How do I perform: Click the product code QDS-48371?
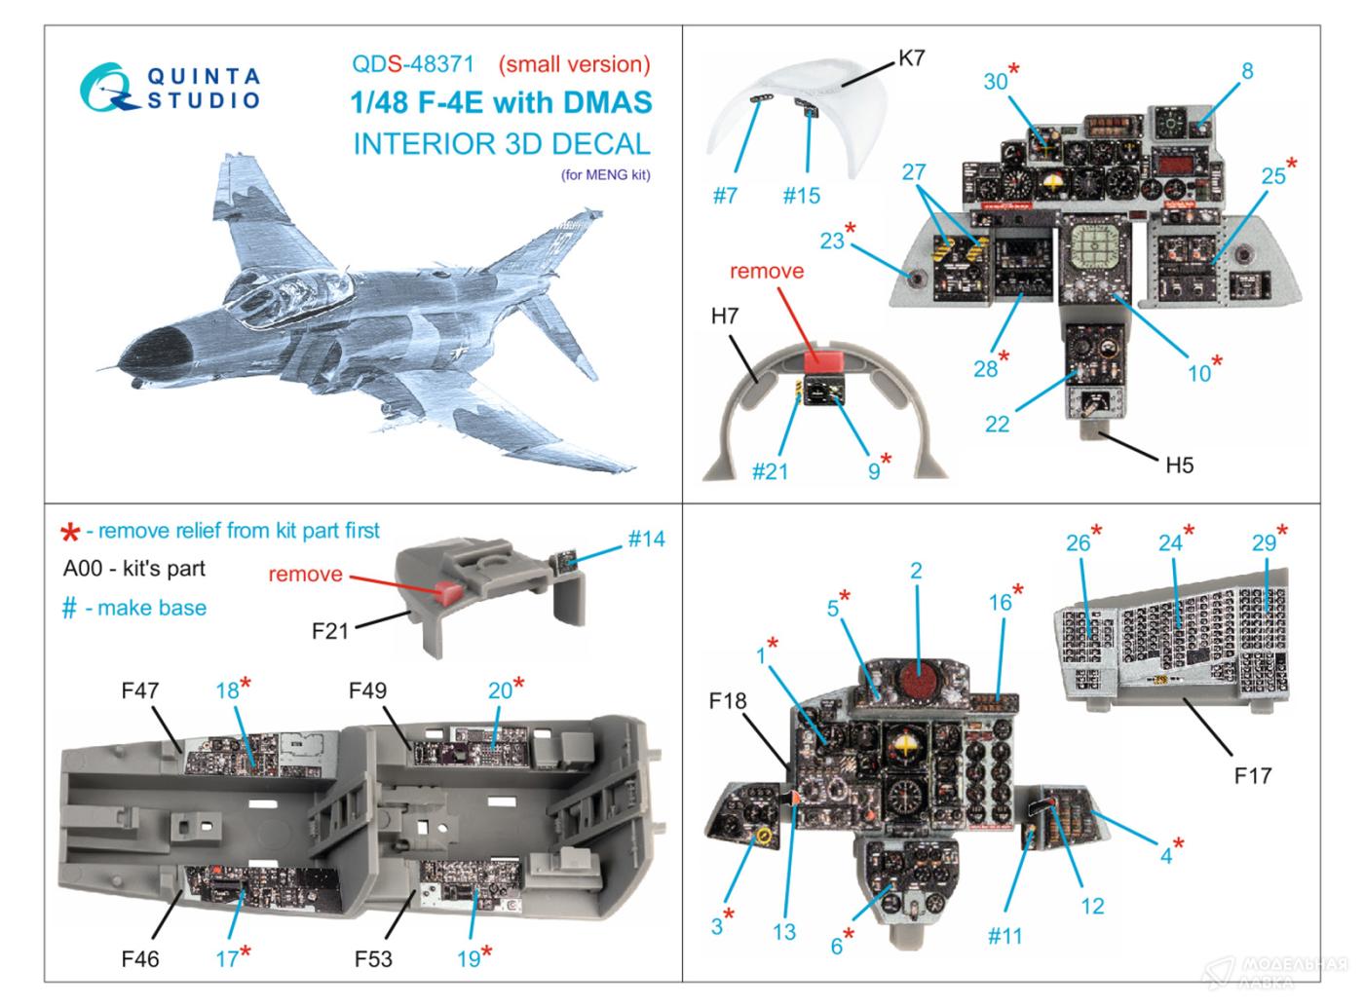pos(413,64)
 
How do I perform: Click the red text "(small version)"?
pos(574,64)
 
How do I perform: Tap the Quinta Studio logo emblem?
pos(109,86)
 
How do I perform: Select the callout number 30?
pos(995,81)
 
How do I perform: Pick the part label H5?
pos(1179,465)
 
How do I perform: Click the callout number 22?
pos(997,424)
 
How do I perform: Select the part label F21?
pos(330,631)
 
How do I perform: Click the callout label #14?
pos(646,538)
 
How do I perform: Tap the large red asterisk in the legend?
pos(69,532)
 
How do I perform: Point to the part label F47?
pos(140,690)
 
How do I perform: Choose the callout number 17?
pos(227,958)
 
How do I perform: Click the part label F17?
pos(1252,776)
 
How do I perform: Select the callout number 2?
pos(916,571)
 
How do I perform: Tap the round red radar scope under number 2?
pos(916,682)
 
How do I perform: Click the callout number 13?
pos(784,932)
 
